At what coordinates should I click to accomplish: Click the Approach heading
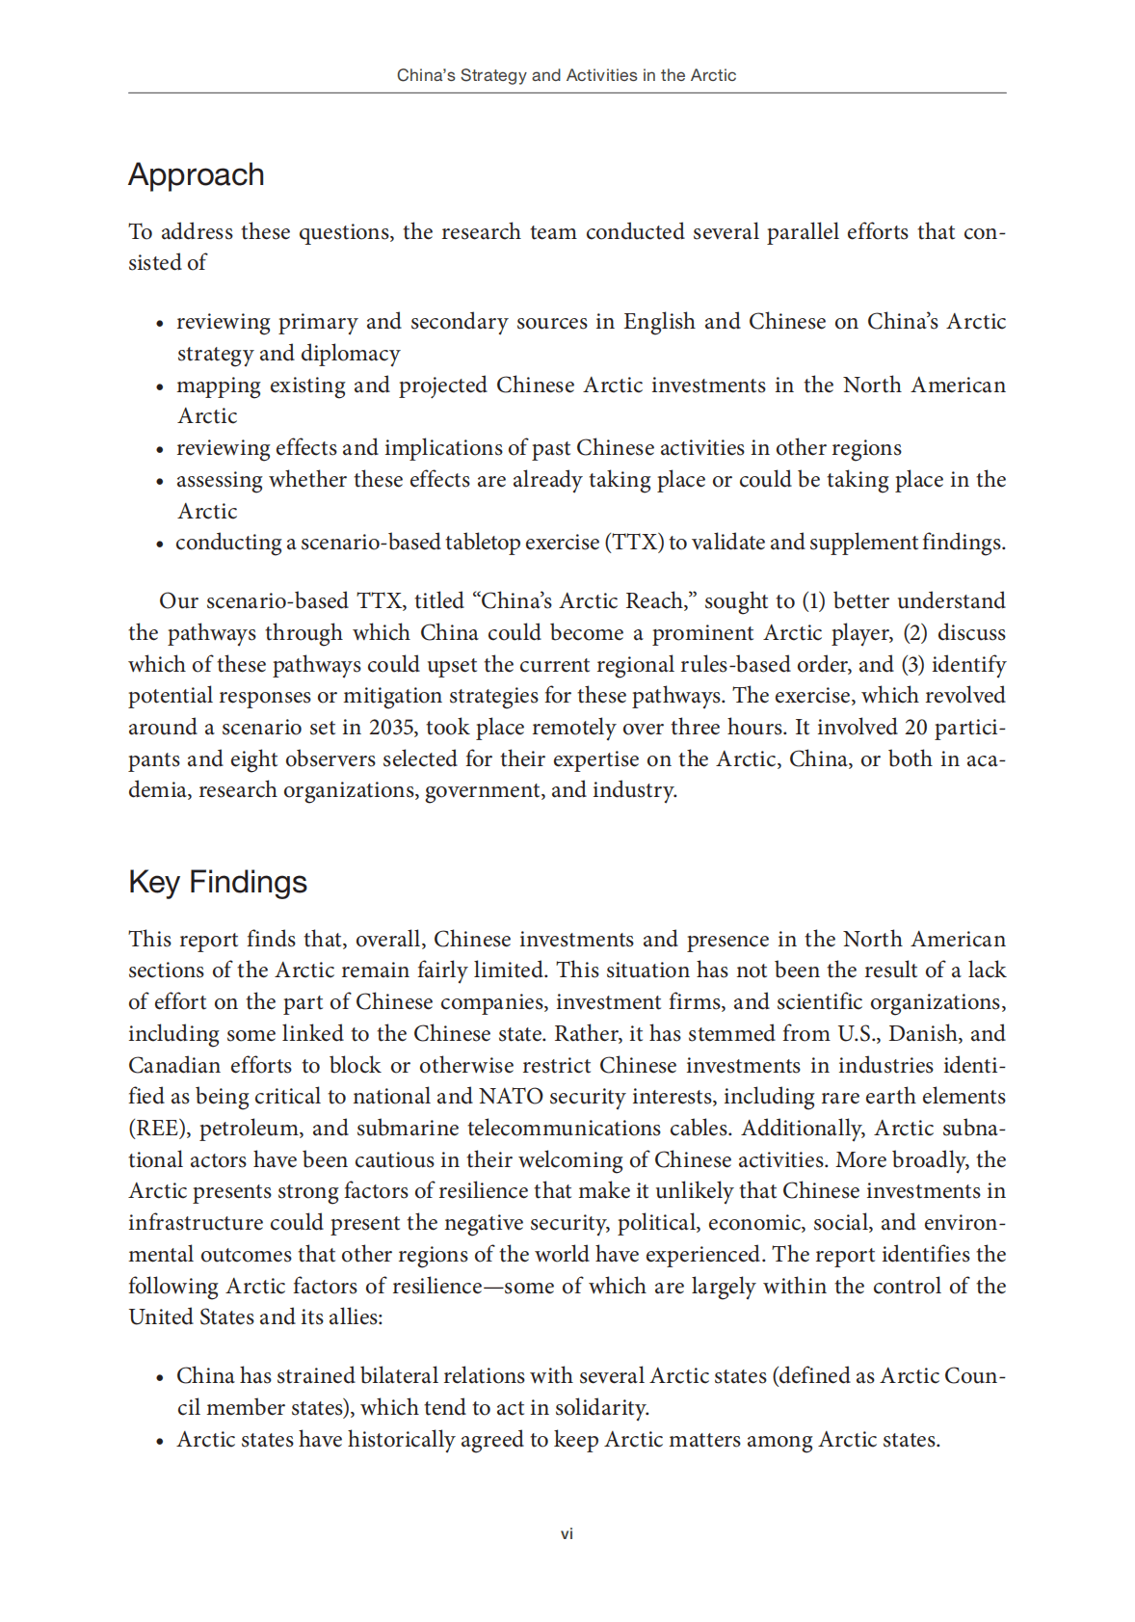tap(196, 175)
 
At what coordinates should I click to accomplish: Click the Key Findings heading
tap(218, 882)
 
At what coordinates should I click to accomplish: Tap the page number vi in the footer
tap(567, 1533)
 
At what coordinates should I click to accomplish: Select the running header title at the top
tap(567, 75)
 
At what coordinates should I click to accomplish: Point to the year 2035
tap(392, 728)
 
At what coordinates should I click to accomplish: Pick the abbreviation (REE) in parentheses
tap(159, 1129)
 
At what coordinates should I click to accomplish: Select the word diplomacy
tap(351, 354)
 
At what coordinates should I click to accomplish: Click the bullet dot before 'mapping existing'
tap(160, 387)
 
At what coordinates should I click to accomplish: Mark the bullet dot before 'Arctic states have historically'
tap(160, 1442)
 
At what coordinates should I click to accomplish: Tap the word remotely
tap(599, 728)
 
